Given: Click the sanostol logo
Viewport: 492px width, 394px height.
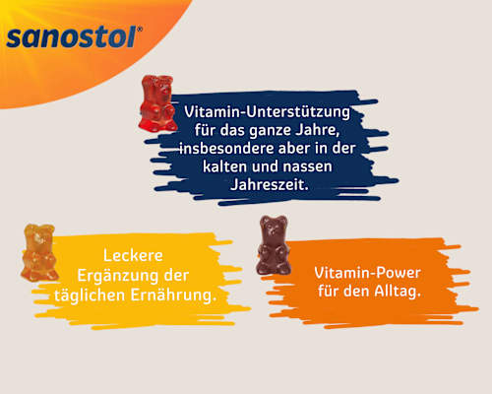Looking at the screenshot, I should [x=74, y=38].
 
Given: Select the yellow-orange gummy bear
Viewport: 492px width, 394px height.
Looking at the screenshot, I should [x=38, y=252].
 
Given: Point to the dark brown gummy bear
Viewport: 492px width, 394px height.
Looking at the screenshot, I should [x=273, y=245].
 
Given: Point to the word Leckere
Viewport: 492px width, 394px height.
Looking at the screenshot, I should [x=133, y=257].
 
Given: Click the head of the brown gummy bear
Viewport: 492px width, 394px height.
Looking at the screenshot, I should [x=273, y=229].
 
